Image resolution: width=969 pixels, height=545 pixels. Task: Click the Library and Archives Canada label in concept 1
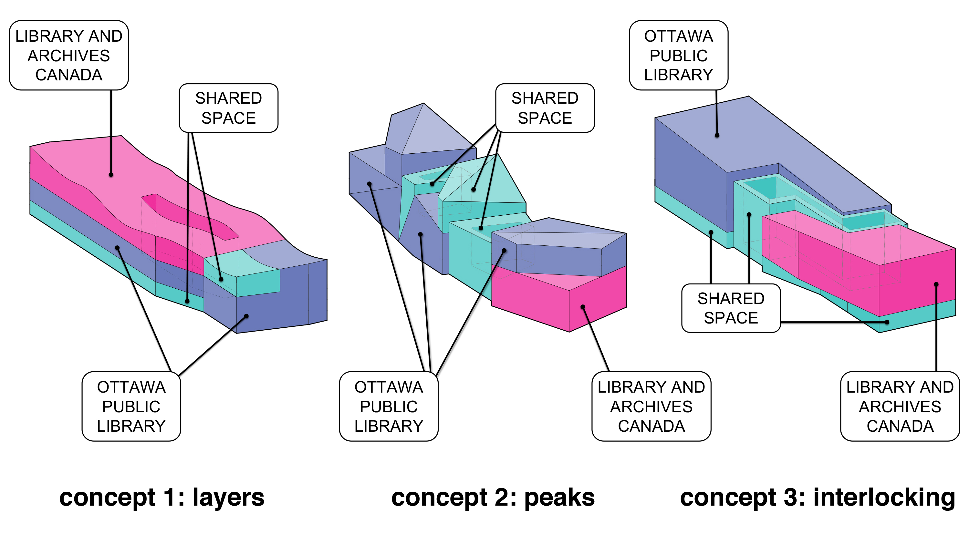(x=69, y=55)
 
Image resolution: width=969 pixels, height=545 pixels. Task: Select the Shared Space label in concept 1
(x=229, y=108)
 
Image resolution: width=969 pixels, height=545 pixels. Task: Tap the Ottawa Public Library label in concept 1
(x=131, y=406)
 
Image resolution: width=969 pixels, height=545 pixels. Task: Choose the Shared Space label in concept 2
(x=545, y=108)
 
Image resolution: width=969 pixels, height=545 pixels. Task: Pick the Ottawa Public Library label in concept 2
(x=389, y=406)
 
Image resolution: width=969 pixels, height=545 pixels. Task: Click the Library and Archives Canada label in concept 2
(x=651, y=406)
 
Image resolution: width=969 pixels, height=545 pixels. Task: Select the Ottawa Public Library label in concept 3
(x=679, y=55)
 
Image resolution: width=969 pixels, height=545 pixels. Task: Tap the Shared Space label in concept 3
(x=731, y=308)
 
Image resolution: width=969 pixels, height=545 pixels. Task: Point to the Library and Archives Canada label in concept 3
(x=900, y=406)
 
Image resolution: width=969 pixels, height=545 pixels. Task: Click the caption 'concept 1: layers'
(x=162, y=498)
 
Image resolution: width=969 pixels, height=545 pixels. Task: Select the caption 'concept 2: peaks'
(x=493, y=498)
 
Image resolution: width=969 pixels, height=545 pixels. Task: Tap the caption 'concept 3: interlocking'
(x=818, y=498)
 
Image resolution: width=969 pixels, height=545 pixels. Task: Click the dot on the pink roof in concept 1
(x=111, y=175)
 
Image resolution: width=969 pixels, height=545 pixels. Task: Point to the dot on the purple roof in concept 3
(x=717, y=135)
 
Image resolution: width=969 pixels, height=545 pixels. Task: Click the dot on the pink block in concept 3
(x=936, y=284)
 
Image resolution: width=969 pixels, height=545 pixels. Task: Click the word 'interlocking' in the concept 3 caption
(x=884, y=498)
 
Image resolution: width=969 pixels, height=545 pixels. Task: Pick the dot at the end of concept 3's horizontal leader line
(x=887, y=322)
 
